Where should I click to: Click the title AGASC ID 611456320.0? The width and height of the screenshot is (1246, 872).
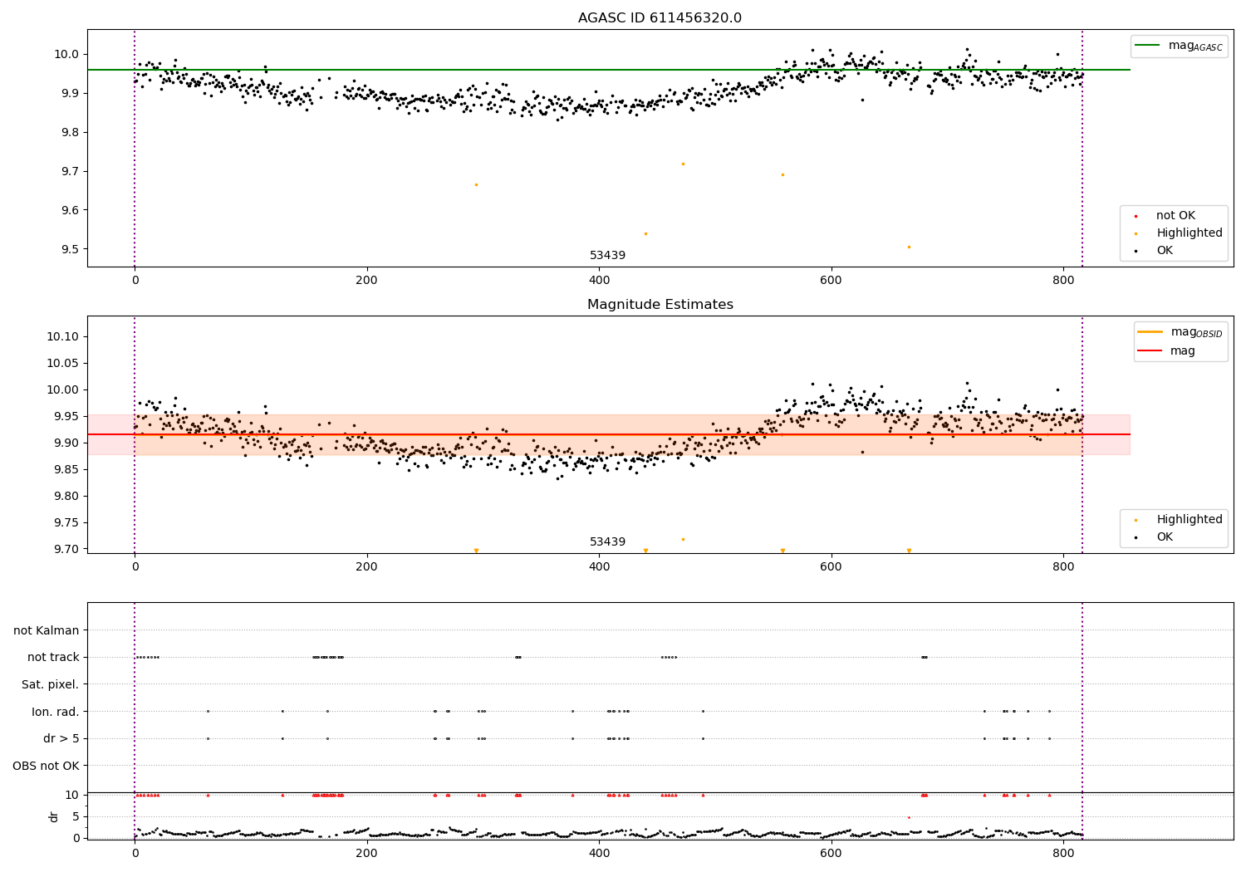[x=660, y=18]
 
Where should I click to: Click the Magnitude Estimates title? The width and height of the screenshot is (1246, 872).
[x=660, y=305]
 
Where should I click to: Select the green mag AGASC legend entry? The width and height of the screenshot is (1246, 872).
[x=1179, y=46]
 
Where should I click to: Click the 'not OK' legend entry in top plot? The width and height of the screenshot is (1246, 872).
[x=1175, y=216]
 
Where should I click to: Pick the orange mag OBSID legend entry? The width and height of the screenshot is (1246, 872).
[x=1180, y=332]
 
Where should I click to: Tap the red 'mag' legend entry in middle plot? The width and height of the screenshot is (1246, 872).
[x=1180, y=350]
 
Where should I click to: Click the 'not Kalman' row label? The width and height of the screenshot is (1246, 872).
[x=47, y=630]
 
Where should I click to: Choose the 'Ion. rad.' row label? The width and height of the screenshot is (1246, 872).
[x=55, y=712]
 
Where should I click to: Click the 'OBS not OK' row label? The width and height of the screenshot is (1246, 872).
[x=46, y=766]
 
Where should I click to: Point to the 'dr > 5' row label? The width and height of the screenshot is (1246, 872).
[x=61, y=738]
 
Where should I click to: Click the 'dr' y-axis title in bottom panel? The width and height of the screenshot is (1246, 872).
[x=54, y=816]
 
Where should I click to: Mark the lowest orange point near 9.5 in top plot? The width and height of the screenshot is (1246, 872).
[x=909, y=247]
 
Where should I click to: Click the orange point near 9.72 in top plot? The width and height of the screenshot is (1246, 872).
[x=683, y=164]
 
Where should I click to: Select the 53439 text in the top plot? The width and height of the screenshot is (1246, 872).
[x=607, y=255]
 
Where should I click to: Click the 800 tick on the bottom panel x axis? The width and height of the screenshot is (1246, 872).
[x=1063, y=852]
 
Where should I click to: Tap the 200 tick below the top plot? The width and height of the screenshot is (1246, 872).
[x=366, y=281]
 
